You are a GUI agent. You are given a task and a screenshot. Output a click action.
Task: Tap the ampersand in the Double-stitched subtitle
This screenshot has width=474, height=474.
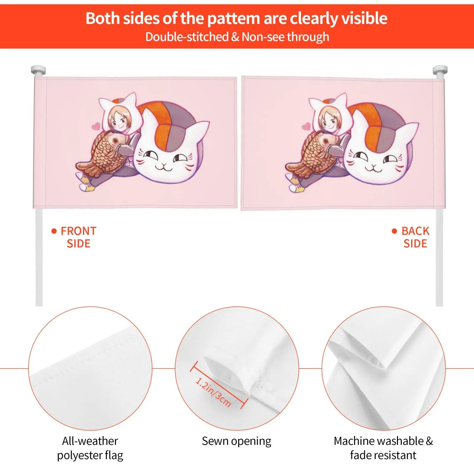pyautogui.click(x=235, y=37)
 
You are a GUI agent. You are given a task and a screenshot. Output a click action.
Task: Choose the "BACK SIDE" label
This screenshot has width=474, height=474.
pyautogui.click(x=415, y=237)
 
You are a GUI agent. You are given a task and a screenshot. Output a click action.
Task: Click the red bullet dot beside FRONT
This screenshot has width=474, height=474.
pyautogui.click(x=54, y=231)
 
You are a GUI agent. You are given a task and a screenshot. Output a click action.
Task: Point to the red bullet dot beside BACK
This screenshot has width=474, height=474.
pyautogui.click(x=394, y=231)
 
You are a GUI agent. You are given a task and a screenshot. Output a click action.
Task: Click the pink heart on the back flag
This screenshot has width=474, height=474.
pyautogui.click(x=306, y=127)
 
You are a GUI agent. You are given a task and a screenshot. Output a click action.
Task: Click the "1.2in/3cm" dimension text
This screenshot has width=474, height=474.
pyautogui.click(x=213, y=392)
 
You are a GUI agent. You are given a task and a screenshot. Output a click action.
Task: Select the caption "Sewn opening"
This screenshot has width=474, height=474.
pyautogui.click(x=236, y=441)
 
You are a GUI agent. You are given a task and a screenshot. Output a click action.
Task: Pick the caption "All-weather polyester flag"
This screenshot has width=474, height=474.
pyautogui.click(x=90, y=448)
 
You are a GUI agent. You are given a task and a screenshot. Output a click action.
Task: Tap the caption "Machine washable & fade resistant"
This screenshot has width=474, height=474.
pyautogui.click(x=383, y=448)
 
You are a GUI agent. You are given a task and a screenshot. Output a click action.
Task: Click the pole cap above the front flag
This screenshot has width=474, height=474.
pyautogui.click(x=39, y=71)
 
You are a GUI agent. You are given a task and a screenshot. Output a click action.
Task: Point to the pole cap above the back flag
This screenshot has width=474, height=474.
pyautogui.click(x=440, y=71)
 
